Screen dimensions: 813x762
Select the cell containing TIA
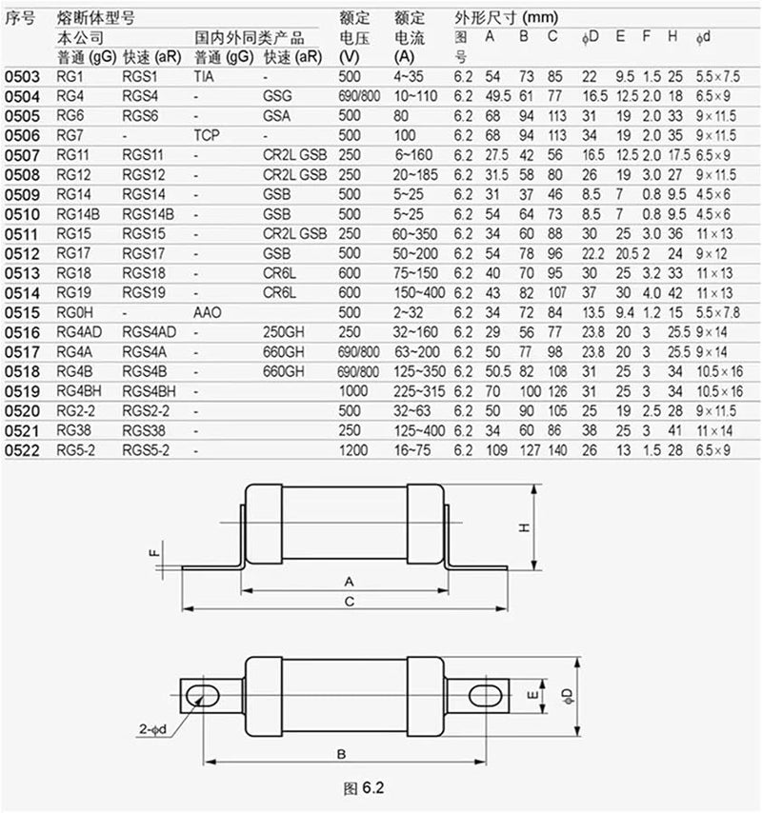pyautogui.click(x=205, y=74)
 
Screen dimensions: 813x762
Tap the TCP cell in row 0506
pyautogui.click(x=207, y=135)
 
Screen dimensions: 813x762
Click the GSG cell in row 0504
pyautogui.click(x=278, y=95)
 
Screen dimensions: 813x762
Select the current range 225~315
pyautogui.click(x=419, y=389)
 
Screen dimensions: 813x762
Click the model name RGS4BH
pyautogui.click(x=150, y=389)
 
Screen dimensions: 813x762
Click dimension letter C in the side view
pyautogui.click(x=350, y=601)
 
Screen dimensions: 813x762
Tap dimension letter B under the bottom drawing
pyautogui.click(x=340, y=753)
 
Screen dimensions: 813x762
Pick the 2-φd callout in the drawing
pyautogui.click(x=152, y=729)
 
